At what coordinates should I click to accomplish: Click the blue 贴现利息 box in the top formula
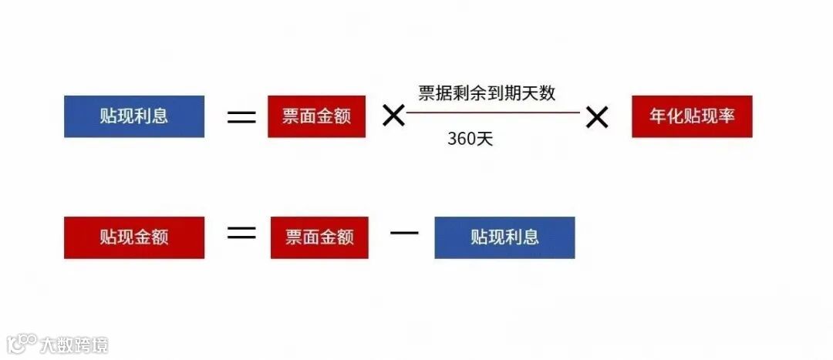(134, 116)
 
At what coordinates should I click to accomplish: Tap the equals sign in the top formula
(241, 117)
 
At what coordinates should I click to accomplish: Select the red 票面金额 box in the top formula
(316, 117)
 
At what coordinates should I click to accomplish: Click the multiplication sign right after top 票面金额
(393, 117)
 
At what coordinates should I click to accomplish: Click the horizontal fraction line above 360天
(493, 113)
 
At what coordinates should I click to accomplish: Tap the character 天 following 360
(485, 140)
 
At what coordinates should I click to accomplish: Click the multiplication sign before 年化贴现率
(597, 117)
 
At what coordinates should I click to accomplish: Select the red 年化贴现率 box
(692, 117)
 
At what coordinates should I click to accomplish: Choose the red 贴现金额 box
(134, 237)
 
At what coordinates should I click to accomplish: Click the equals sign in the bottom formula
(241, 232)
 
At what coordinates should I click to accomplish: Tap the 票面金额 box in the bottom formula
(319, 237)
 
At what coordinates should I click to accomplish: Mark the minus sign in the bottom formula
(403, 232)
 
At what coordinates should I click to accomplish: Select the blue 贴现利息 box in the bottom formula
(504, 237)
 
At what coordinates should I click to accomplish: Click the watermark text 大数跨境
(75, 344)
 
